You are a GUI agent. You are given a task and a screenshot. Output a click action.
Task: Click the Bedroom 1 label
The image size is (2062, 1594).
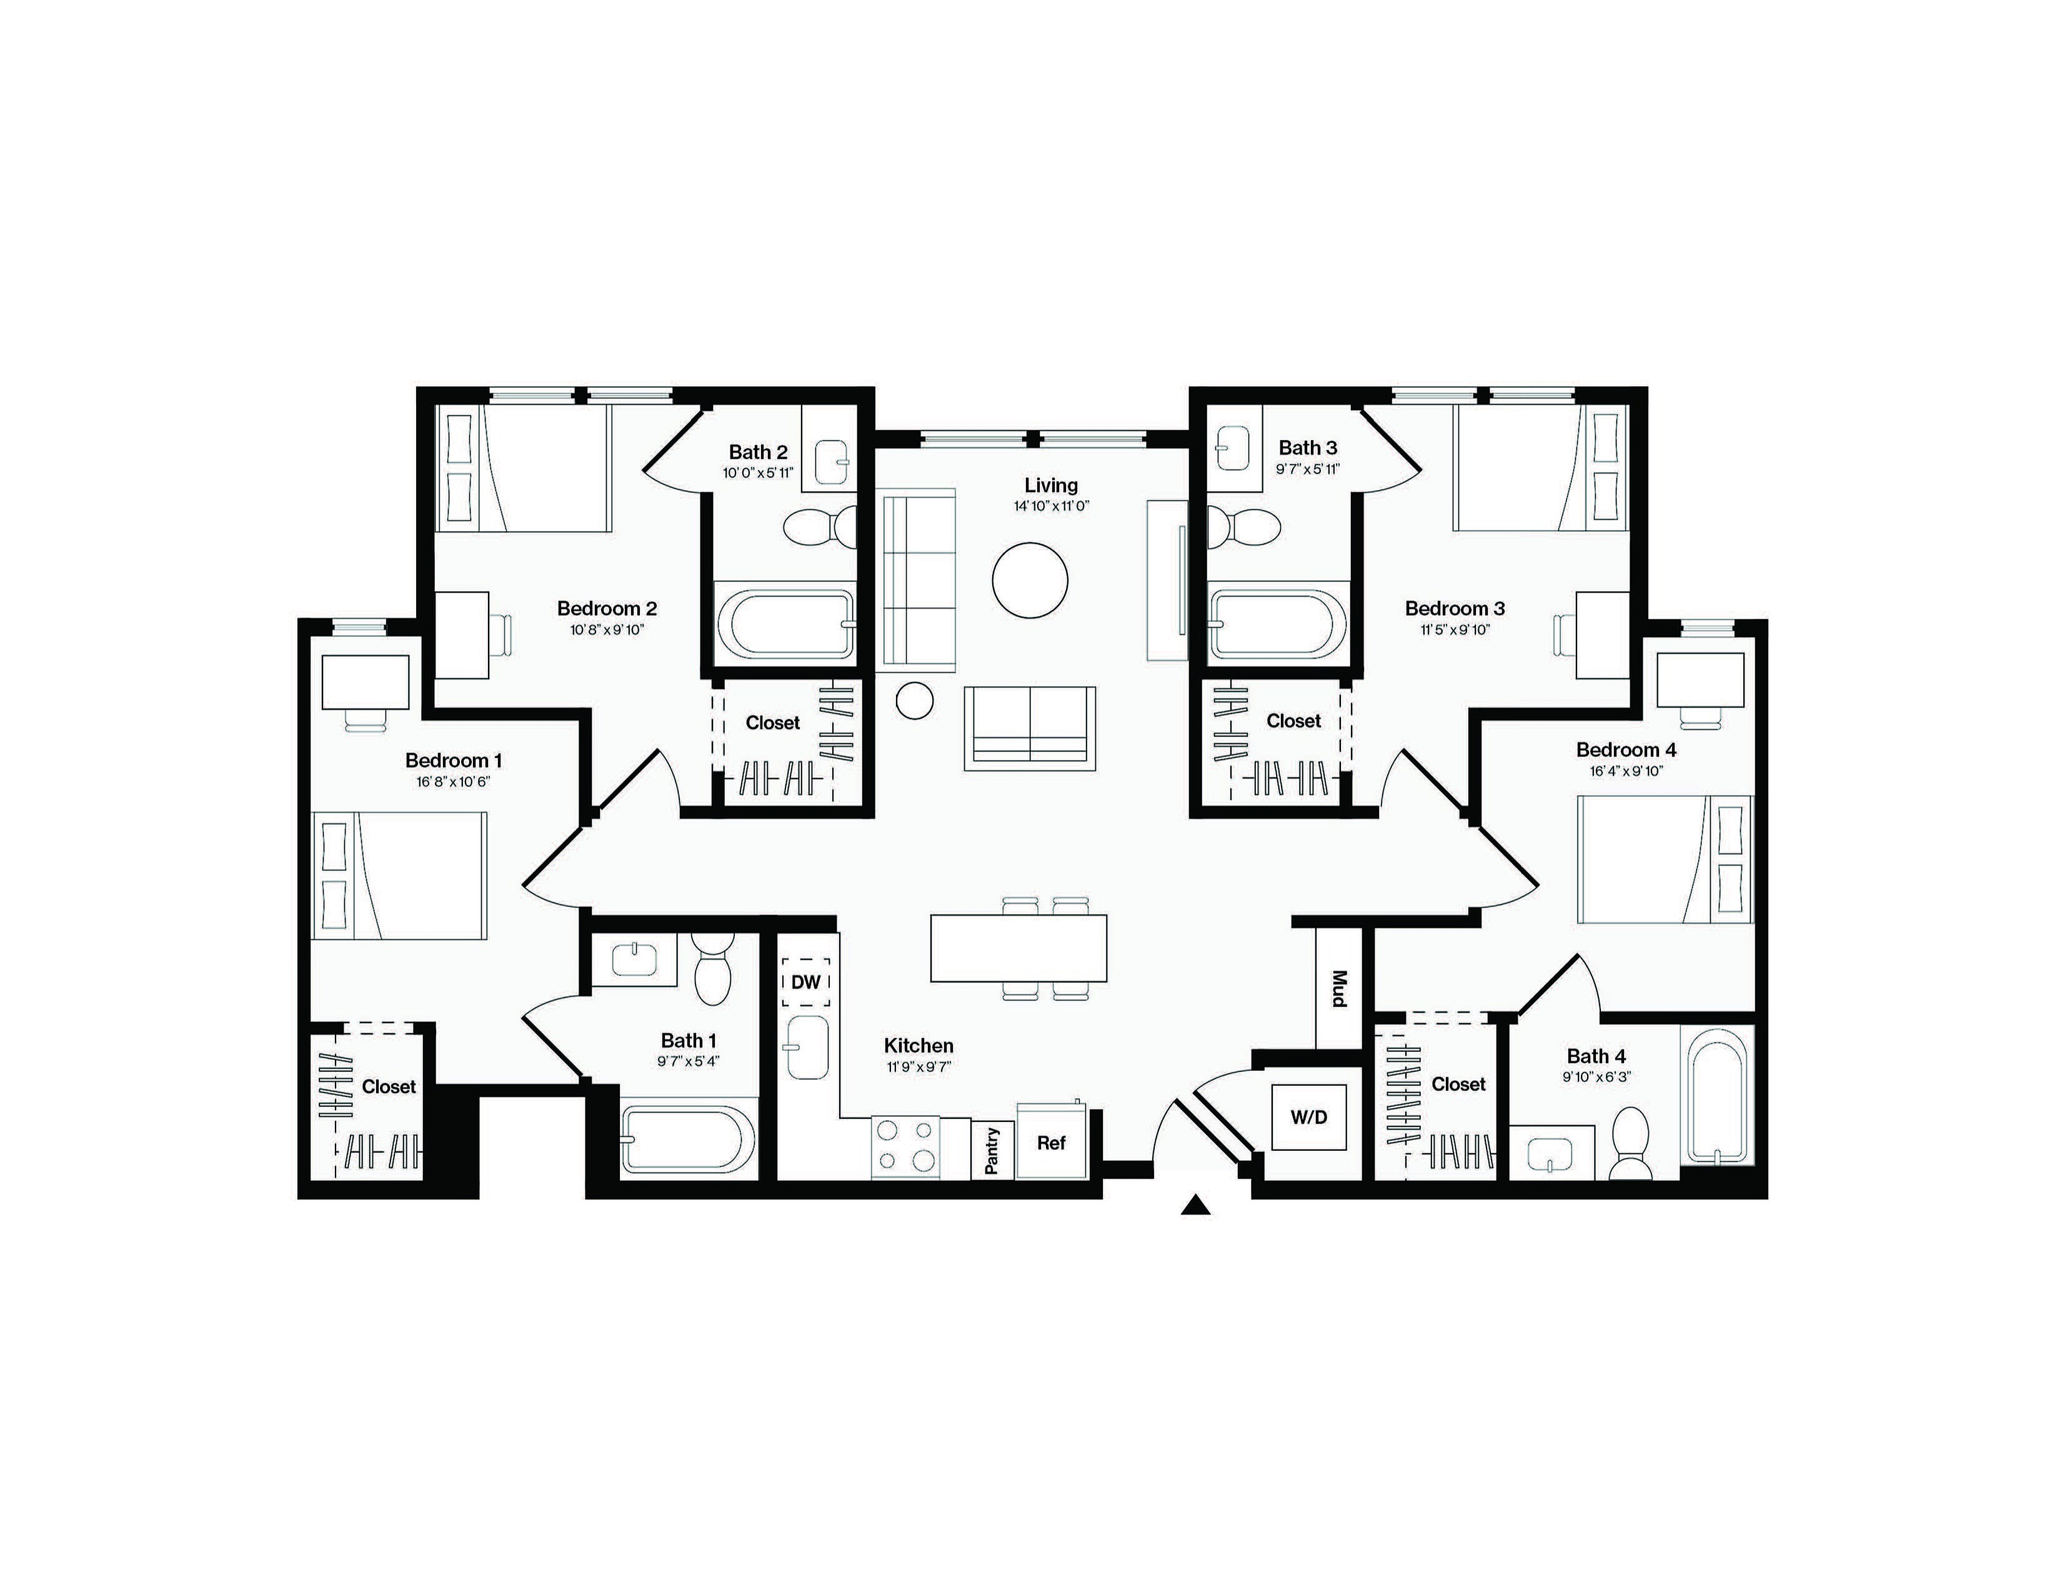pyautogui.click(x=453, y=760)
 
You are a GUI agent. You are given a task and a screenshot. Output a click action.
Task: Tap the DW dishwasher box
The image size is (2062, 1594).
pyautogui.click(x=805, y=982)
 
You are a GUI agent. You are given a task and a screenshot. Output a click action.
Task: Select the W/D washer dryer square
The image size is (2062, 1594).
pyautogui.click(x=1308, y=1117)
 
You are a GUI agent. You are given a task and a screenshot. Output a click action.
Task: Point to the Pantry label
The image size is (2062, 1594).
pyautogui.click(x=992, y=1150)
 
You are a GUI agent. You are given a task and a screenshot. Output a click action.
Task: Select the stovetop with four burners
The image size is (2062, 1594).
pyautogui.click(x=905, y=1147)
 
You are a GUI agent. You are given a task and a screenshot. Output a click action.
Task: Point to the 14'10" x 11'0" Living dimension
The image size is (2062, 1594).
pyautogui.click(x=1051, y=506)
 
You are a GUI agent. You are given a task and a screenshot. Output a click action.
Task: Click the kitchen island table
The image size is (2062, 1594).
pyautogui.click(x=1019, y=948)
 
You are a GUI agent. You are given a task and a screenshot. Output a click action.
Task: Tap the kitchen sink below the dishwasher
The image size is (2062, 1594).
pyautogui.click(x=806, y=1047)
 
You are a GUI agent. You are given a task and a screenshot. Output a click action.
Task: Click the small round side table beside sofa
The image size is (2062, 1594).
pyautogui.click(x=914, y=701)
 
